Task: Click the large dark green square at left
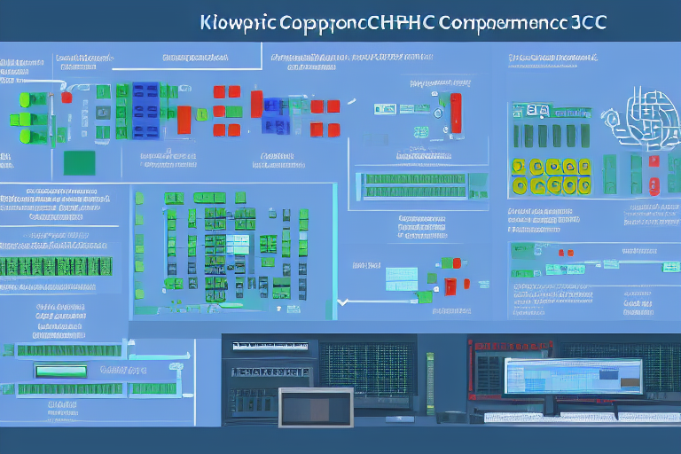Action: click(81, 162)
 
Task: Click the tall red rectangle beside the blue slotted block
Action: click(184, 120)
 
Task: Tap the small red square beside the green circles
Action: click(654, 162)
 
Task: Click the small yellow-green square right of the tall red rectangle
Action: click(202, 114)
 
